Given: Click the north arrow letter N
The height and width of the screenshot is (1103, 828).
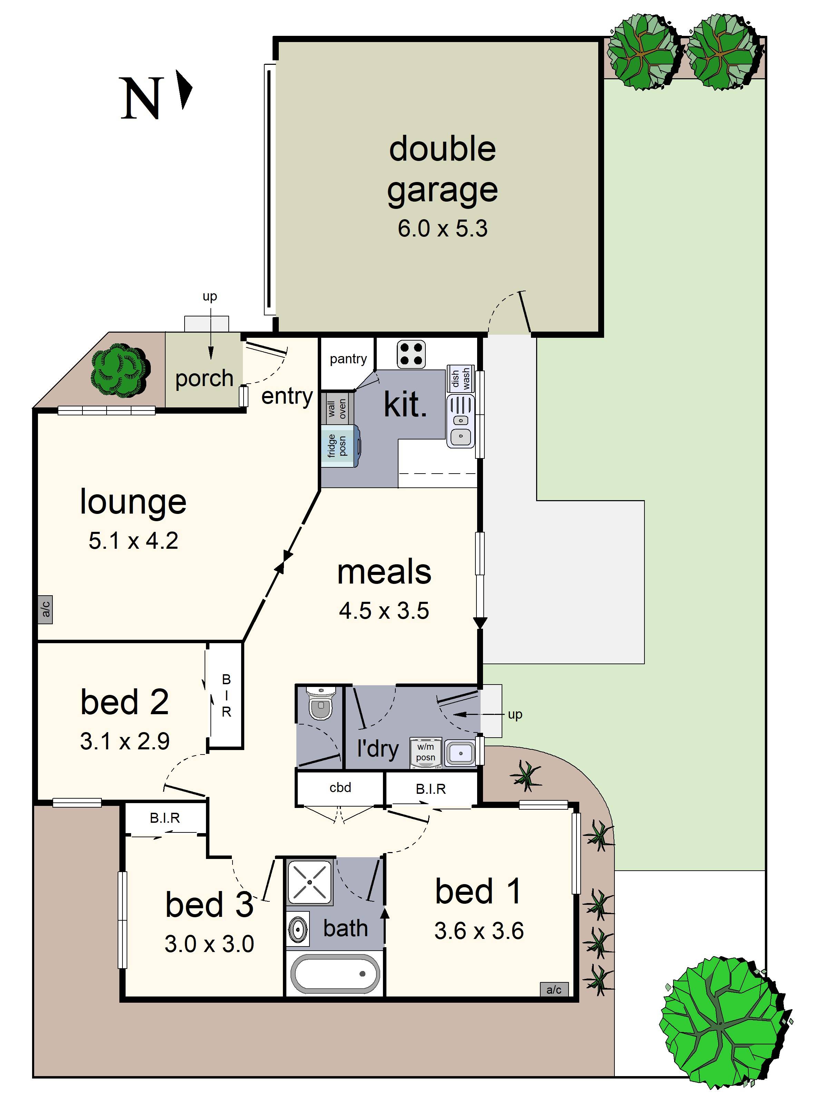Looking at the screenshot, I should click(x=142, y=98).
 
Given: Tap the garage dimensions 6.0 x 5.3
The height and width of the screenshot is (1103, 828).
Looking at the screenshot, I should click(x=442, y=229).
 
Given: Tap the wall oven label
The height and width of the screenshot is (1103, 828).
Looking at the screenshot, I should click(x=337, y=408).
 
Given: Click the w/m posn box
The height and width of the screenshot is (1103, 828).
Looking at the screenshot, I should click(x=426, y=752).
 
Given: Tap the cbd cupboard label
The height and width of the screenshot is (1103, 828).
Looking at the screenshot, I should click(x=341, y=787).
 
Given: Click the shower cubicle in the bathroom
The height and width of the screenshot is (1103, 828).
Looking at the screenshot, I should click(x=310, y=882).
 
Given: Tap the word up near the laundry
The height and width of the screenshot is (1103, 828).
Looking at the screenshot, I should click(x=515, y=714).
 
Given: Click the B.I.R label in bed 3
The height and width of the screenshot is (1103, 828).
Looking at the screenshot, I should click(x=165, y=818).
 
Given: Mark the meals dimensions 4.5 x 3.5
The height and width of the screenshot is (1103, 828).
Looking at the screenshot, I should click(x=384, y=611).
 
